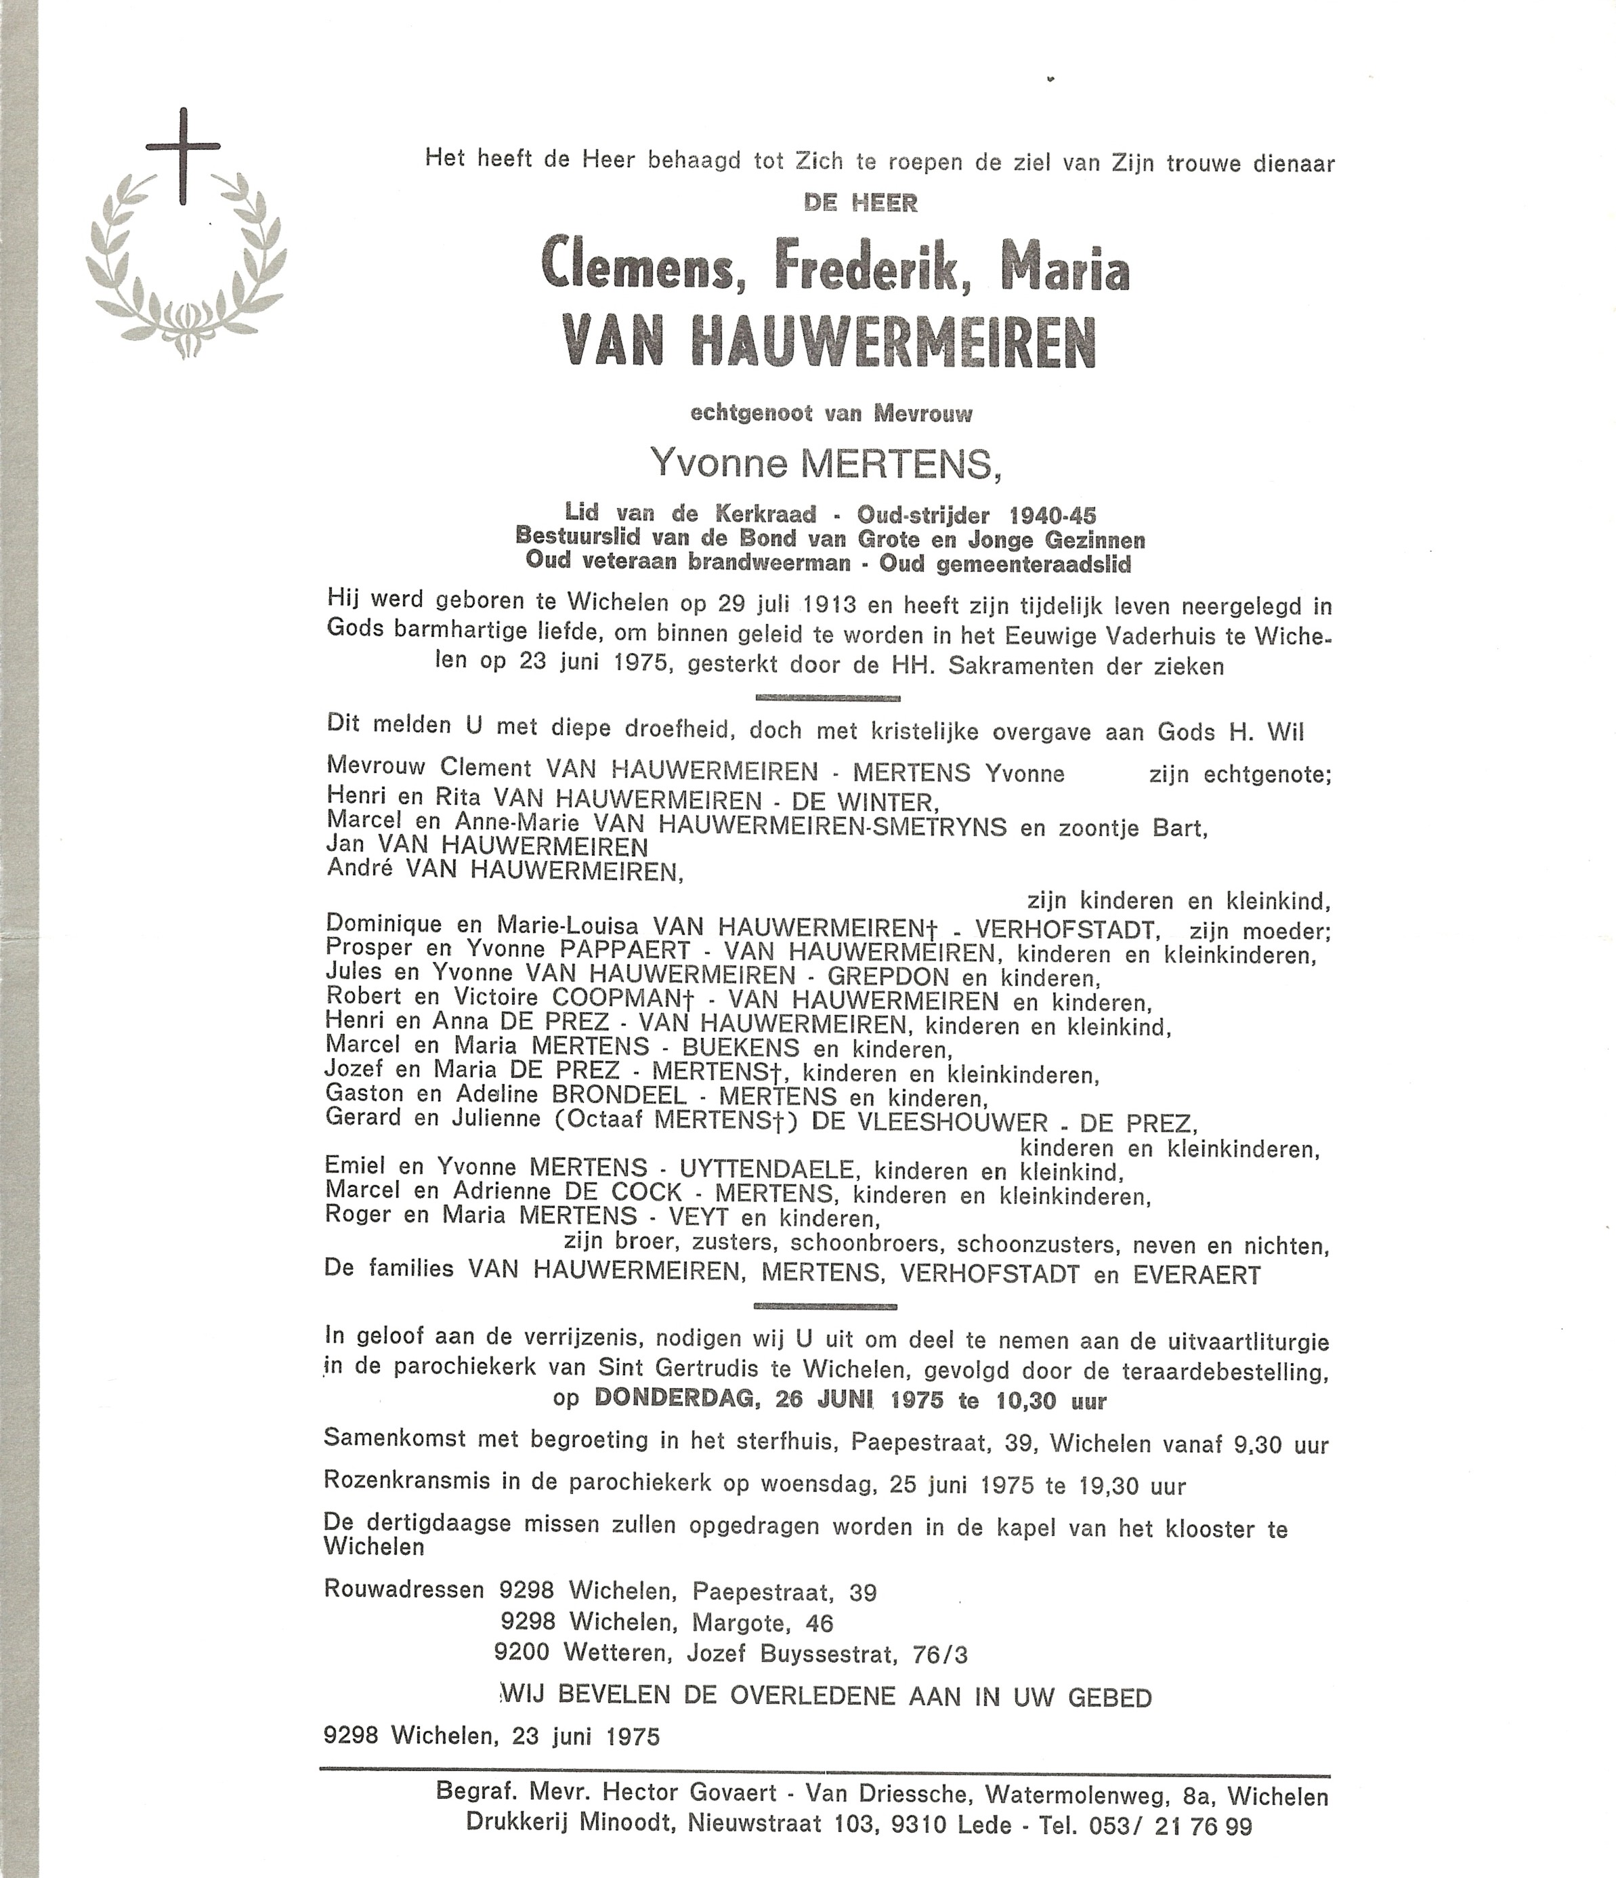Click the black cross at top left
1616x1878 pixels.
pos(183,154)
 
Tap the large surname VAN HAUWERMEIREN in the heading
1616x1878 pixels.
pos(828,343)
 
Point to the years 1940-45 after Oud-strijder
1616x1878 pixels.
pos(1042,515)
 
